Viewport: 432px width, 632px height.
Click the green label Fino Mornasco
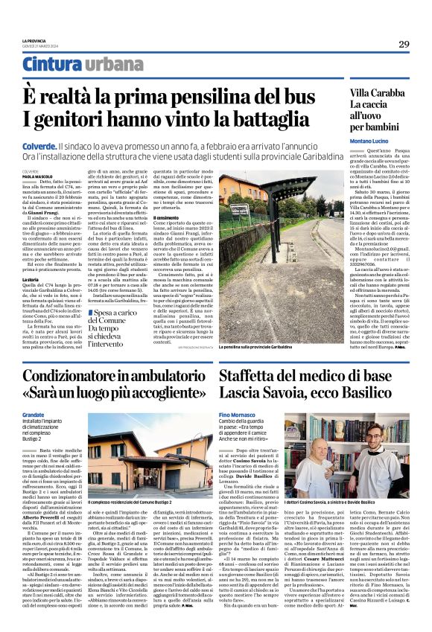239,413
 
